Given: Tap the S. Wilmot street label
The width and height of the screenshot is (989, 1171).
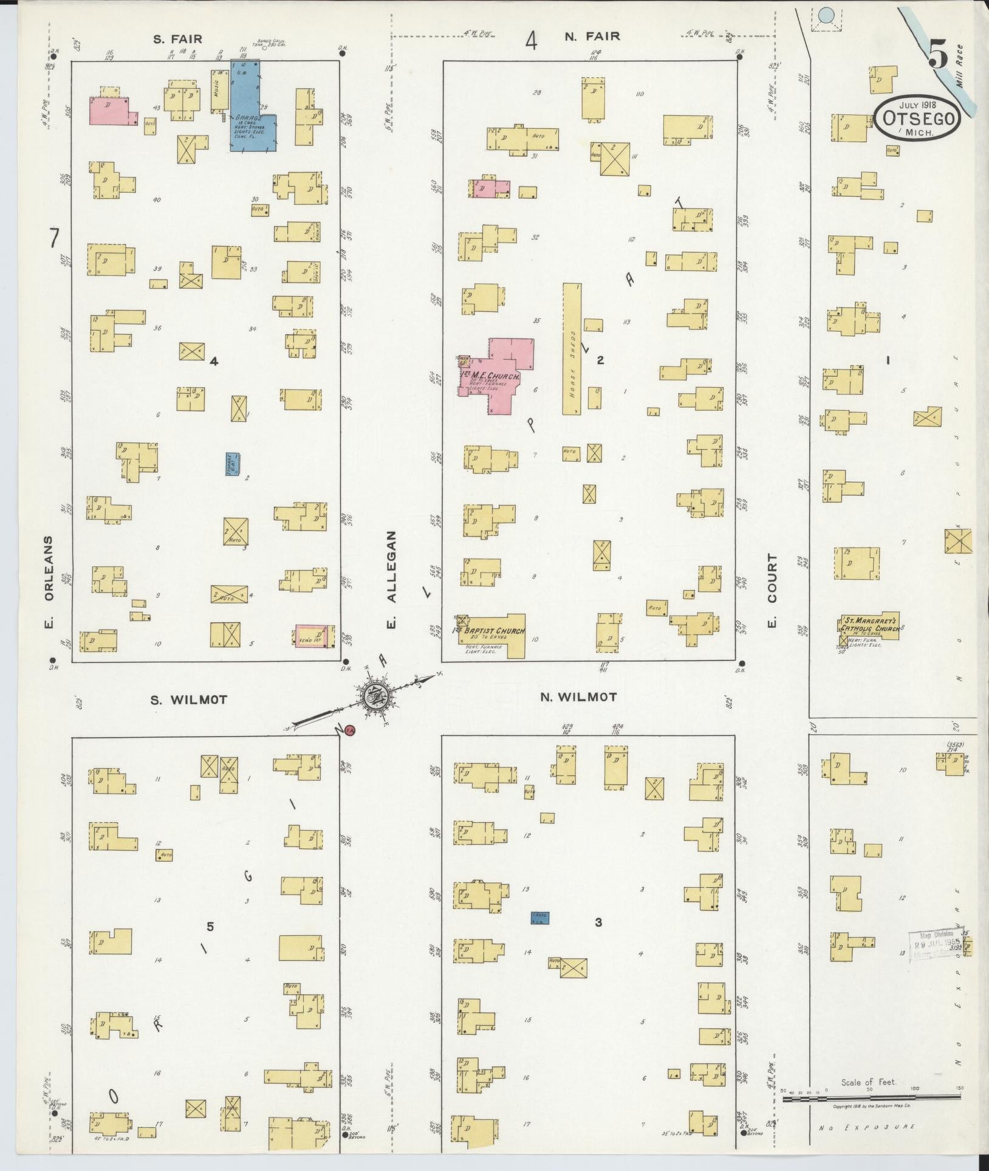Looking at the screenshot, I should pyautogui.click(x=189, y=700).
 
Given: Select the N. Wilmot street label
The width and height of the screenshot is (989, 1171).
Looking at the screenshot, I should pyautogui.click(x=578, y=697).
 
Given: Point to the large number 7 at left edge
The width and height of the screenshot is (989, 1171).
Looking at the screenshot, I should pyautogui.click(x=54, y=239).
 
